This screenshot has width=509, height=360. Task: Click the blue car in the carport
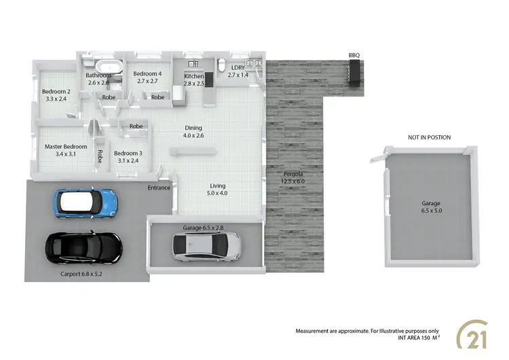tap(86, 201)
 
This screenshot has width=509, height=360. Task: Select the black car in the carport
tap(83, 248)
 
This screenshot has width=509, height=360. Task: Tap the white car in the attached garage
tap(206, 247)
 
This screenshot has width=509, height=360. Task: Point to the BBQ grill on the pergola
tap(354, 72)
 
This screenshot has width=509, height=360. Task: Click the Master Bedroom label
tap(66, 150)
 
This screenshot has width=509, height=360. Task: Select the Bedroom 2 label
tap(56, 95)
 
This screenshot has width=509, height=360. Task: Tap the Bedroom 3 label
tap(128, 157)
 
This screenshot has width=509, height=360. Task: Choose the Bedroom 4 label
tap(147, 77)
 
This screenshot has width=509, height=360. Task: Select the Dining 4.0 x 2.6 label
tap(193, 132)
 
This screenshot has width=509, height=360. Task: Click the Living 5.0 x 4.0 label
tap(217, 190)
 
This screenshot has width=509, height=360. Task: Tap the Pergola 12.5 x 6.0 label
tap(294, 177)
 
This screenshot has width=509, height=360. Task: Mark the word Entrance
tap(159, 187)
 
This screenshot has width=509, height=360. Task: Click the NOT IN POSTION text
tap(429, 138)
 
